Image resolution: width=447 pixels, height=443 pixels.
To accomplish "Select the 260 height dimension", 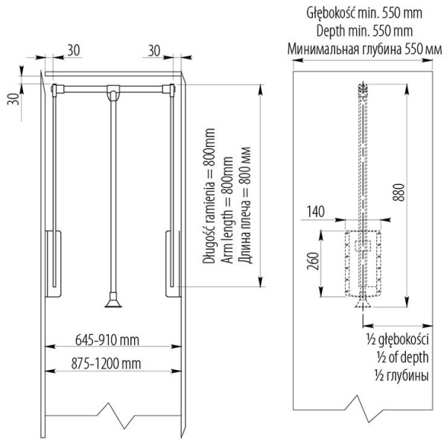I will (x=314, y=262).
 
